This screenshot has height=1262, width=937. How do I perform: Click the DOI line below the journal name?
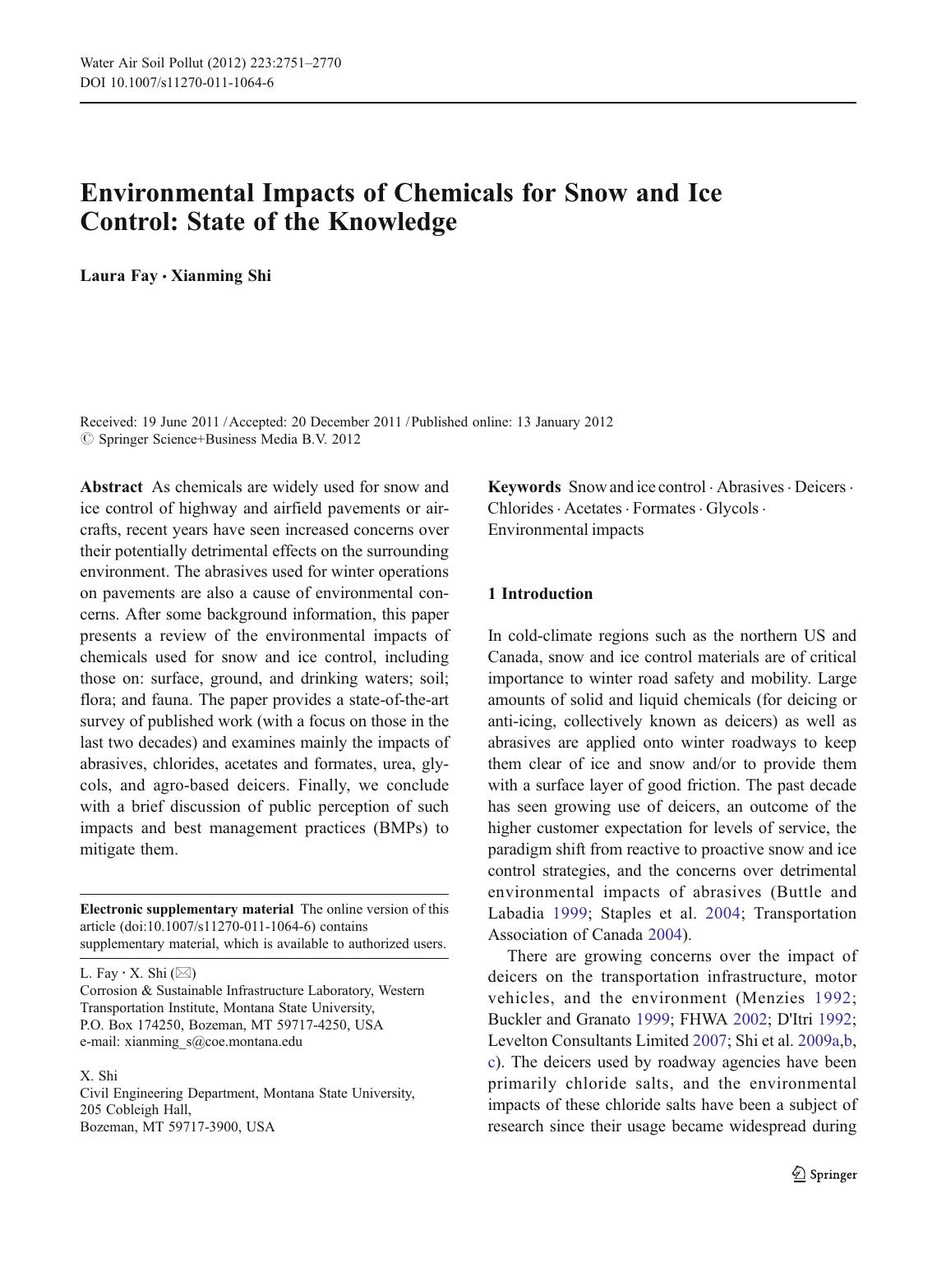tap(177, 83)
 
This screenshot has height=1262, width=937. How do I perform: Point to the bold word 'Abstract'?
tap(111, 486)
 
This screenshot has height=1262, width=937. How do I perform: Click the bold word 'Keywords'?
tap(524, 486)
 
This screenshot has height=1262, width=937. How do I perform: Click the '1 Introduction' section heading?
tap(540, 594)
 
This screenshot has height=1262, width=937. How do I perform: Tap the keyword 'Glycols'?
tap(732, 509)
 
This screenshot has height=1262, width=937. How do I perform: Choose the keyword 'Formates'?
tap(663, 509)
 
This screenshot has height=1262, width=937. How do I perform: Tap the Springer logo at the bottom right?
tap(824, 1175)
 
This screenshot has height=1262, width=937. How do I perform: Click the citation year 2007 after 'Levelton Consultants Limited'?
tap(709, 1041)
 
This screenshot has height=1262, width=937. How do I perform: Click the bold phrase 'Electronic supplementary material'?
tap(187, 910)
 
